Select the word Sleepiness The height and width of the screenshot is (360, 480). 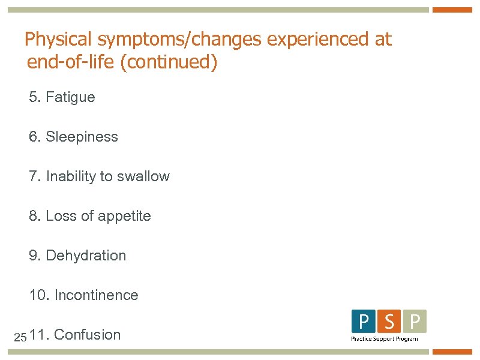coord(82,137)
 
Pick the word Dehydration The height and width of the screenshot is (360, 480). coord(86,256)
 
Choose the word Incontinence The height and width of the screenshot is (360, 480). coord(96,295)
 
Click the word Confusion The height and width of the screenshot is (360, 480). coord(87,335)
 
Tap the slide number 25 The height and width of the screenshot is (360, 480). coord(20,337)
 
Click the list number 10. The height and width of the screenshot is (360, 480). coord(38,295)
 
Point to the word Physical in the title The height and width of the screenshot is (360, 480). coord(59,40)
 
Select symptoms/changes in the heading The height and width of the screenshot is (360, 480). coord(179,40)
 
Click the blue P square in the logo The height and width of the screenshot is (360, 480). coord(364,322)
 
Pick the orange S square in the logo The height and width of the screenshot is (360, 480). coord(389,322)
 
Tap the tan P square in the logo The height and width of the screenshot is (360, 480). coord(414,322)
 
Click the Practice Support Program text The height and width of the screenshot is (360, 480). coord(384,339)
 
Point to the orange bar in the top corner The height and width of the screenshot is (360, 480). coord(452,10)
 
